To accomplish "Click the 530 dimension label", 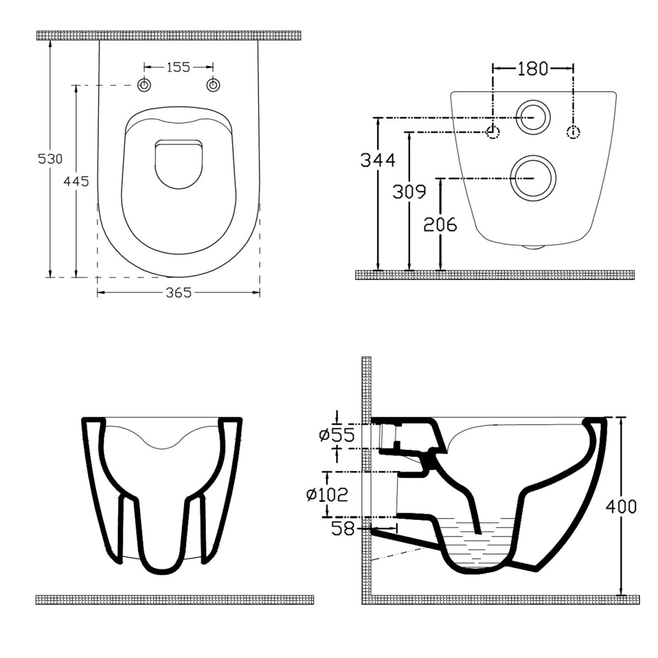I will click(x=50, y=159).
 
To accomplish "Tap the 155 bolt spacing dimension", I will click(x=178, y=67).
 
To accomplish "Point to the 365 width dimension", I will click(x=179, y=293).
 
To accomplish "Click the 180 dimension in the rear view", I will click(x=532, y=69).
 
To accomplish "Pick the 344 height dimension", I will click(x=377, y=160).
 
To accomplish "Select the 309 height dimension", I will click(x=409, y=191).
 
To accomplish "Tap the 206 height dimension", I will click(x=440, y=224).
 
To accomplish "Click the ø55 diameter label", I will click(x=337, y=435).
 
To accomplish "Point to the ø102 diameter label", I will click(x=327, y=495).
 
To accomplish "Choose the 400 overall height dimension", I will click(x=621, y=506).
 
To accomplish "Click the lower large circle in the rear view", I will click(x=532, y=178).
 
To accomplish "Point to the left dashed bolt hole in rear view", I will click(x=493, y=132).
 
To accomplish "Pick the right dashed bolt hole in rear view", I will click(x=573, y=132).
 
